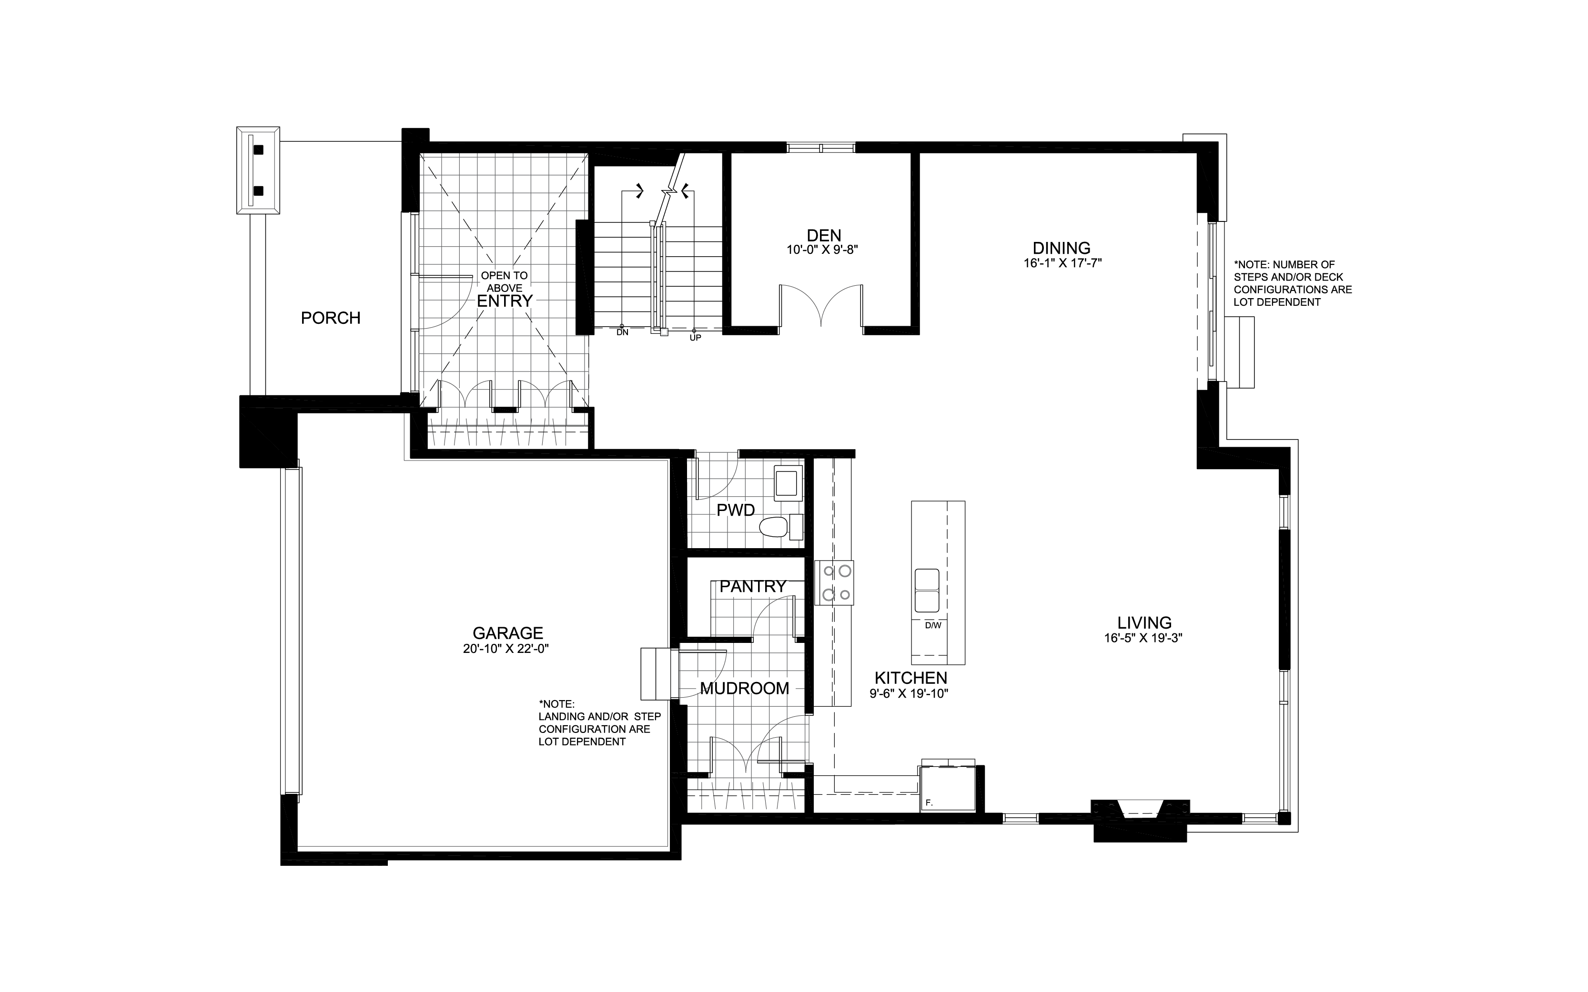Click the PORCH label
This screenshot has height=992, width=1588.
coord(330,318)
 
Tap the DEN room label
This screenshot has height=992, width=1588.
coord(823,235)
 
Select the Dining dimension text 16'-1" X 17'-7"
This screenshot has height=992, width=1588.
coord(1061,263)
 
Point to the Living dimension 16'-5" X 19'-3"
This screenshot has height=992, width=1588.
coord(1143,638)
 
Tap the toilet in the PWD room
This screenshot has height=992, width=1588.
coord(774,526)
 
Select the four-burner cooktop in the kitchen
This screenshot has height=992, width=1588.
coord(834,582)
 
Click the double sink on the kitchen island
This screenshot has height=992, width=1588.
coord(927,590)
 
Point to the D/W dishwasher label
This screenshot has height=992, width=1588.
coord(932,626)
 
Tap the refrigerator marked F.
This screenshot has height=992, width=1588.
coord(947,789)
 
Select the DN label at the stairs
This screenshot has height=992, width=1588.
coord(622,332)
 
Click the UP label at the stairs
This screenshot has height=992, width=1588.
coord(695,337)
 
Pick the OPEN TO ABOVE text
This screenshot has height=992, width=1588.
coord(504,281)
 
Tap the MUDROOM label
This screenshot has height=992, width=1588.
coord(744,688)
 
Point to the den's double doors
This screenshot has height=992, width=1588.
coord(821,306)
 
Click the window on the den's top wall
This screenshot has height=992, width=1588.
coord(821,148)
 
